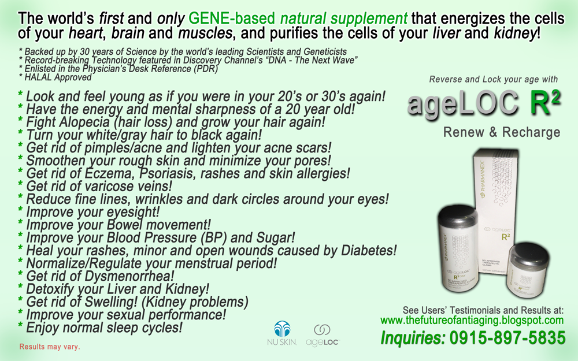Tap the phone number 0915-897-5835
[x=501, y=337]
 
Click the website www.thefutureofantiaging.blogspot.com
[x=472, y=320]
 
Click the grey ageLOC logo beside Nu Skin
[x=322, y=336]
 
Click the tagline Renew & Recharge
[x=502, y=133]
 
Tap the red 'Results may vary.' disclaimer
[x=50, y=348]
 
